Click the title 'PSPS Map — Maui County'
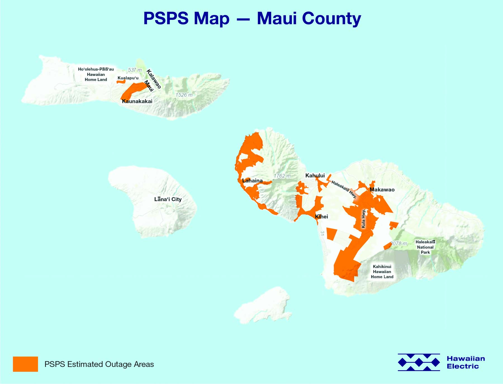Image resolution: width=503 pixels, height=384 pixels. click(x=252, y=18)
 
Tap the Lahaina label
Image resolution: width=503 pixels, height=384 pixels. click(x=252, y=181)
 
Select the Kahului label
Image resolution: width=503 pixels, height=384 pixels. click(x=315, y=176)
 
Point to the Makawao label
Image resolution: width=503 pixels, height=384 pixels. click(x=382, y=190)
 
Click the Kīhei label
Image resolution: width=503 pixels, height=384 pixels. click(x=321, y=216)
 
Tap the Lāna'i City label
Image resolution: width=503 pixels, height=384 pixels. click(x=168, y=199)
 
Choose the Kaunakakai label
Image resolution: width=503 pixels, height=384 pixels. click(x=137, y=101)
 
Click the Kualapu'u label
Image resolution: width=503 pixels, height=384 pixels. click(x=128, y=78)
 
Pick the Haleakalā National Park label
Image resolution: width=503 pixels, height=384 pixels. click(x=425, y=247)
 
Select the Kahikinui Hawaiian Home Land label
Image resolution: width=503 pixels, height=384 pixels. click(x=382, y=272)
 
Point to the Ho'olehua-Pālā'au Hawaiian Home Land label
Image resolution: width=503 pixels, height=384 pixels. click(x=96, y=74)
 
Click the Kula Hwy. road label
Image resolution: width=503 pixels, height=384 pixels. click(x=363, y=218)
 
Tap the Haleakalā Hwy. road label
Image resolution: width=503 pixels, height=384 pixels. click(x=344, y=189)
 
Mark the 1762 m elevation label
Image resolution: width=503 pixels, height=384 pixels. click(x=282, y=176)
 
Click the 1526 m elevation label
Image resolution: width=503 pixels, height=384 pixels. click(x=184, y=95)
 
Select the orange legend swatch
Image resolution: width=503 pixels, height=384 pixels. click(x=25, y=364)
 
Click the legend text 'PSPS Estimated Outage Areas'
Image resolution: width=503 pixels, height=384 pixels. click(x=99, y=364)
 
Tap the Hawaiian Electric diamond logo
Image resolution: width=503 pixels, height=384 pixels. click(x=419, y=362)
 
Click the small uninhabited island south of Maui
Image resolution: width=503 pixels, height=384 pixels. click(x=264, y=306)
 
